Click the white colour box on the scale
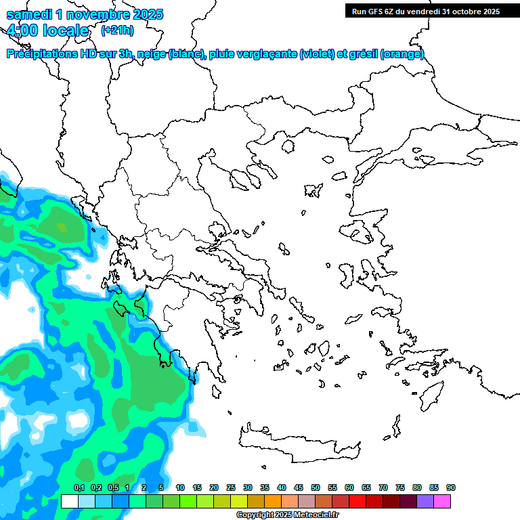point(69,501)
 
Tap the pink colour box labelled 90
point(442,501)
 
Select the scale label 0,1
point(79,487)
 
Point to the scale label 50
point(316,487)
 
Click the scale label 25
point(231,487)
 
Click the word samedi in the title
point(30,14)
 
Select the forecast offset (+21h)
point(117,30)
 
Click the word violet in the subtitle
point(318,54)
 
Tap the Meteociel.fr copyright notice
point(288,515)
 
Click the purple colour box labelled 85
point(425,501)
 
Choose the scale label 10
point(180,487)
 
